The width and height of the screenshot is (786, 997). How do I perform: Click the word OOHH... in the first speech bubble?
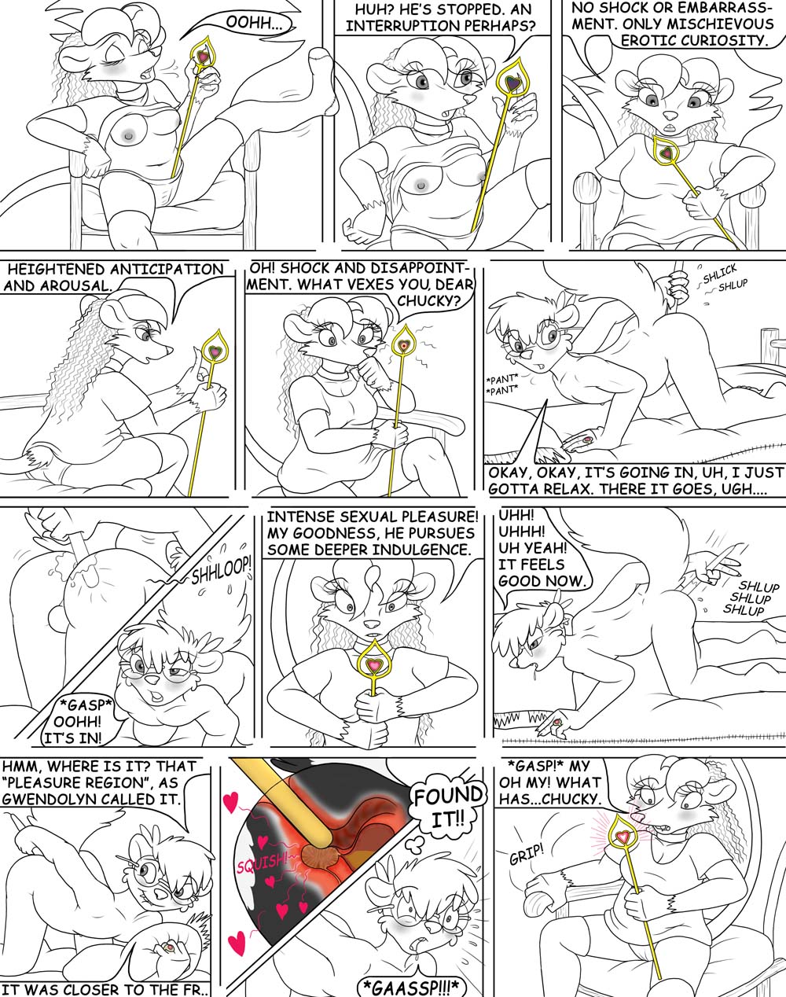[252, 23]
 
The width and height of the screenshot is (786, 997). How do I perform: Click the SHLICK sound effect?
[720, 274]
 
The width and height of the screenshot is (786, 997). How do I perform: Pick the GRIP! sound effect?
[527, 853]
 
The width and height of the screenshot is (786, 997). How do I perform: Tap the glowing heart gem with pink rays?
[623, 836]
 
